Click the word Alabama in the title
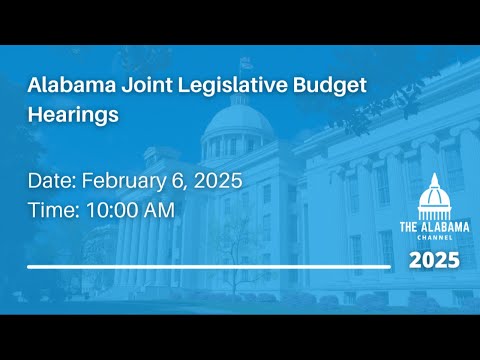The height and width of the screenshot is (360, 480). [x=72, y=85]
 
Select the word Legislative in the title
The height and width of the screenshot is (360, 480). [x=232, y=86]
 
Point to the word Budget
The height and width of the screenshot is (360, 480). [x=330, y=86]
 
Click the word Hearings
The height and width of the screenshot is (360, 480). [x=73, y=115]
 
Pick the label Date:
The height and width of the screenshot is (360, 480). [x=52, y=181]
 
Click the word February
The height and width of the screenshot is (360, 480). [x=124, y=182]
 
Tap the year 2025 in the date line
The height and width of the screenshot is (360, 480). [x=218, y=181]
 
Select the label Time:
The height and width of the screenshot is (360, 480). [x=54, y=210]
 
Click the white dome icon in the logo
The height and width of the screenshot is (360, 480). [x=434, y=196]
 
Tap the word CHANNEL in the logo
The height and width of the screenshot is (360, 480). [x=435, y=238]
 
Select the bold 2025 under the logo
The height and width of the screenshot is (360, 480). [x=434, y=260]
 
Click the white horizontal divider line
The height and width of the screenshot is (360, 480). [x=209, y=267]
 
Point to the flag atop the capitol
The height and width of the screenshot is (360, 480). [x=246, y=63]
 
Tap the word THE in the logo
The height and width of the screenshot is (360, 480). [x=408, y=227]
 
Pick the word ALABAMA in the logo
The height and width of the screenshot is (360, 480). [x=445, y=227]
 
